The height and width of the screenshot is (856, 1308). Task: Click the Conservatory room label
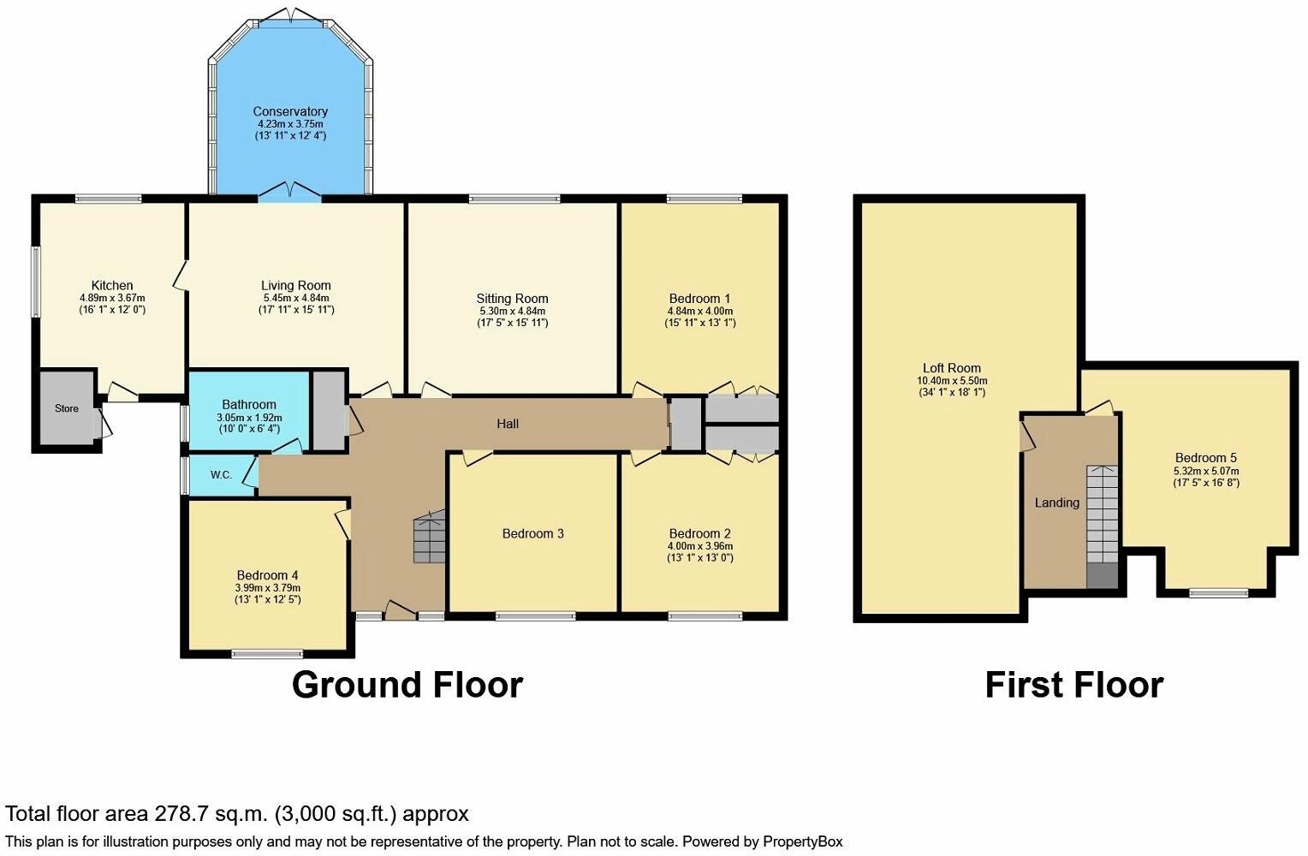[x=290, y=111]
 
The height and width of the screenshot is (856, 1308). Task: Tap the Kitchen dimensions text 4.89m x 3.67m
[x=112, y=298]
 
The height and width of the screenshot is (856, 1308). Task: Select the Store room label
[x=67, y=408]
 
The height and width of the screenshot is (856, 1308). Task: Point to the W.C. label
[x=222, y=475]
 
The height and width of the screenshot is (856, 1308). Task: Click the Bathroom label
[x=249, y=404]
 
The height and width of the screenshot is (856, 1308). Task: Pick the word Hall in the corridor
[x=508, y=424]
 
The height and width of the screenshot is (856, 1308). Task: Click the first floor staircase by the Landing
[x=1103, y=526]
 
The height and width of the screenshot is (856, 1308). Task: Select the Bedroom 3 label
[x=533, y=533]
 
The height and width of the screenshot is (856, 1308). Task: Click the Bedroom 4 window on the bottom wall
[x=267, y=654]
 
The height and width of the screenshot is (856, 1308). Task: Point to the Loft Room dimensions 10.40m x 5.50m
[x=952, y=381]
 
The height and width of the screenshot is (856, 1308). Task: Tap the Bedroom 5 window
[x=1219, y=593]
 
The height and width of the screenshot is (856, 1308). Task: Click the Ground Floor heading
[x=407, y=685]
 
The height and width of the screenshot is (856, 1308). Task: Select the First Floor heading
[x=1074, y=685]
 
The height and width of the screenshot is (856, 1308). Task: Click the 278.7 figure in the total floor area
[x=181, y=813]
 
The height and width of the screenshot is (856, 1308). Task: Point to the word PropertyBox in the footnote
[x=803, y=841]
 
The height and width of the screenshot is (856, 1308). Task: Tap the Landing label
[x=1057, y=502]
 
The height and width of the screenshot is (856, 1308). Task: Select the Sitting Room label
[x=512, y=299]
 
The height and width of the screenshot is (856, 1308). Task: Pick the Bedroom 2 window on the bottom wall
[x=705, y=615]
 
